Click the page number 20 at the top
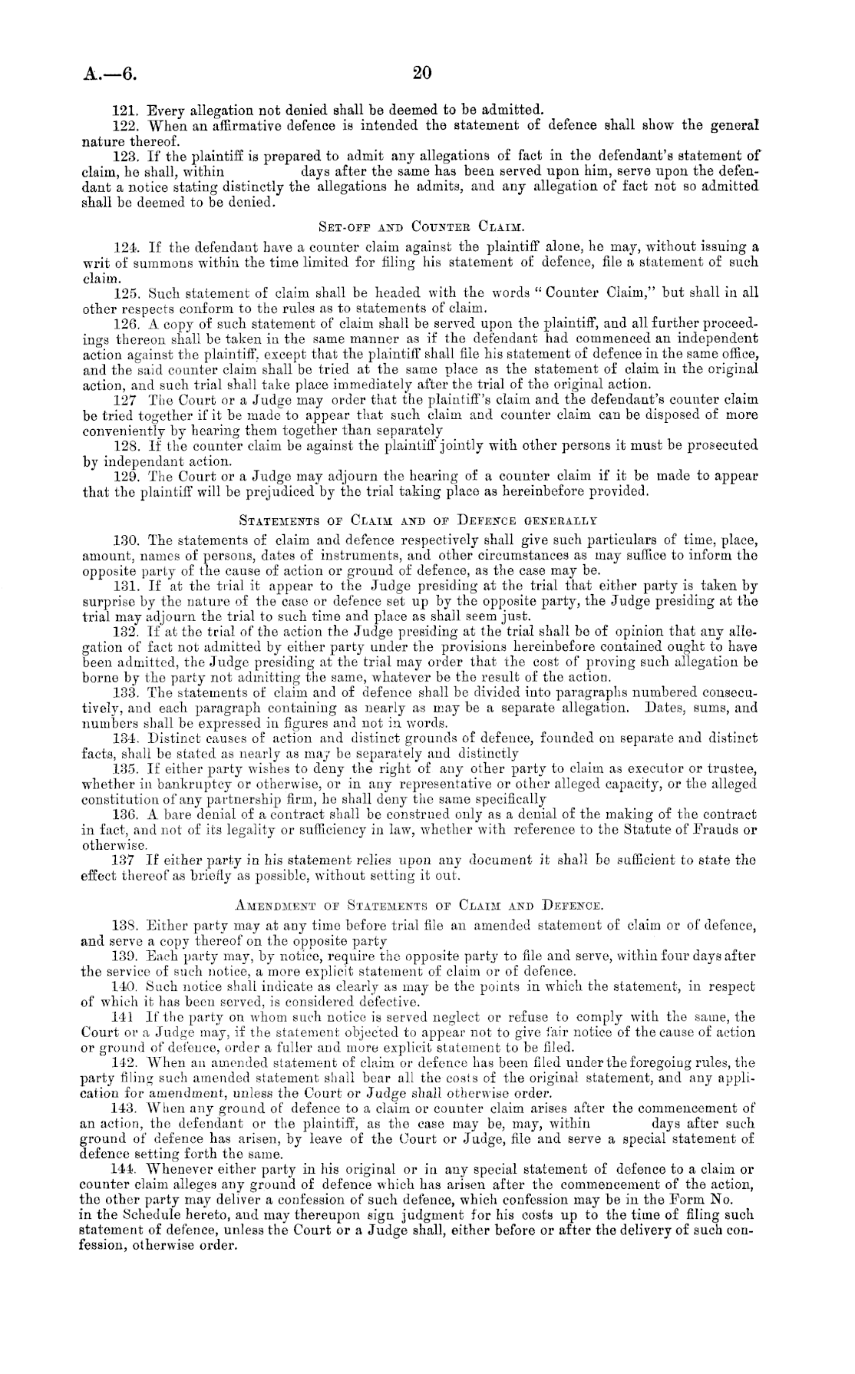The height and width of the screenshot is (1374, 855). pos(423,73)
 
